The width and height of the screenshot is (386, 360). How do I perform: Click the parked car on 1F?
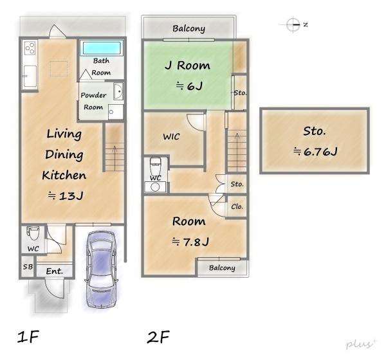[x=101, y=269]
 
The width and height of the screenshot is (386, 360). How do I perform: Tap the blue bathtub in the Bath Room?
[x=102, y=48]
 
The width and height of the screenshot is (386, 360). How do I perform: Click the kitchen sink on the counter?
[x=30, y=76]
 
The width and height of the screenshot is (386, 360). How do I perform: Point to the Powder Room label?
[x=93, y=101]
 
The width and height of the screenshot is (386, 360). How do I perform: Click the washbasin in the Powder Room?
[x=118, y=91]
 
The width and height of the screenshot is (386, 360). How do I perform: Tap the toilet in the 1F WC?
[x=33, y=233]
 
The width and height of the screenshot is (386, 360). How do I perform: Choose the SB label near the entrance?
[x=28, y=267]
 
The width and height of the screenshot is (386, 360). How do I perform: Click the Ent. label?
[x=55, y=271]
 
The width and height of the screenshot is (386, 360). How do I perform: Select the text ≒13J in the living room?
[x=66, y=196]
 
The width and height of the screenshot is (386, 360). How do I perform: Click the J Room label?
[x=188, y=66]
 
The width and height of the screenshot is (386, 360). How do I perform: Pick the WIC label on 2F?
[x=171, y=136]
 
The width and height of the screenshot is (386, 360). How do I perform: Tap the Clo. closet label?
[x=237, y=206]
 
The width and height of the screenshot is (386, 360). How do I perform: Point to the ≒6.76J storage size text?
[x=315, y=152]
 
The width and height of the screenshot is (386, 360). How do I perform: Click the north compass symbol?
[x=293, y=24]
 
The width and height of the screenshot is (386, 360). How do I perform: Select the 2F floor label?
[x=158, y=337]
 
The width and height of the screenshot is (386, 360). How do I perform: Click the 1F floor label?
[x=28, y=337]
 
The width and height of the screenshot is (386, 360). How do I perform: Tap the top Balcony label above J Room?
[x=188, y=28]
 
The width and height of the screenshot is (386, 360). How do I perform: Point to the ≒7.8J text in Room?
[x=190, y=242]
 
